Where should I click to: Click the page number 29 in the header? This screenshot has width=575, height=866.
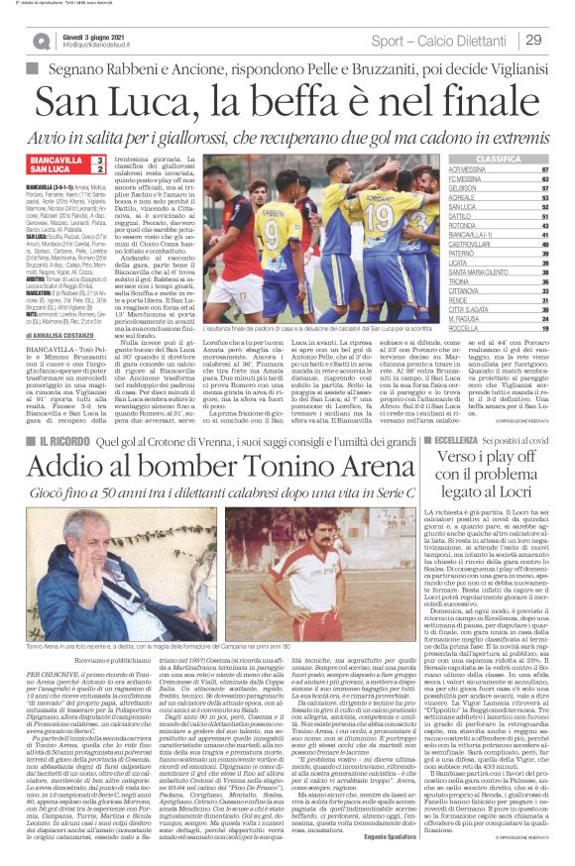tap(532, 39)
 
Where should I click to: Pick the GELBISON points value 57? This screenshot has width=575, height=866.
tap(544, 187)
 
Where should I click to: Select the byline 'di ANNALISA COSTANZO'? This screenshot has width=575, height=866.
tap(61, 335)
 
